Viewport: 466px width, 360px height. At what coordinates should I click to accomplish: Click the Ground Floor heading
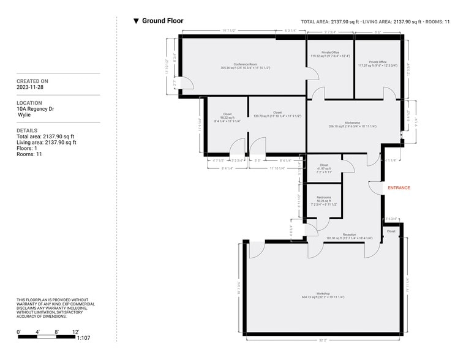(x=162, y=21)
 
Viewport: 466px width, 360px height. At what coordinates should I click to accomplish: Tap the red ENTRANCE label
(x=398, y=188)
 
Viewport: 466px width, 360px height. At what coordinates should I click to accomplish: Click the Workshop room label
(x=323, y=293)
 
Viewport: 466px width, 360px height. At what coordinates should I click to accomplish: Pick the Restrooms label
(x=324, y=197)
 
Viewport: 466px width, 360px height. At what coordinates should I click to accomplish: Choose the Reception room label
(x=350, y=234)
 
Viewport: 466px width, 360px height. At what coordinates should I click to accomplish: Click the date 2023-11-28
(x=31, y=88)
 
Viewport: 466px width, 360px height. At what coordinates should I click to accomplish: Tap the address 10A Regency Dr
(x=36, y=110)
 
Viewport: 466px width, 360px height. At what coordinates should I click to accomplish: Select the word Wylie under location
(x=26, y=115)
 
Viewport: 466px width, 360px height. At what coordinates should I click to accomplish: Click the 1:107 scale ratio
(x=84, y=338)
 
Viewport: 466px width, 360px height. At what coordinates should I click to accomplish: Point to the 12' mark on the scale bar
(x=75, y=332)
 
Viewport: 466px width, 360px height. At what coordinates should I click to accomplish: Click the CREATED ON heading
(x=32, y=81)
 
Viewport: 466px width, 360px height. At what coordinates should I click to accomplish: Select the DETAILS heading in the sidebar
(x=27, y=130)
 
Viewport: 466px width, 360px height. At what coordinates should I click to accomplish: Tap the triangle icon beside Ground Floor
(x=136, y=21)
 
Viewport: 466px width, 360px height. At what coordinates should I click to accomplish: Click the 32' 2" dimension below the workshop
(x=323, y=339)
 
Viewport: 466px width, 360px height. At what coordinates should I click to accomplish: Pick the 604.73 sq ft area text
(x=323, y=297)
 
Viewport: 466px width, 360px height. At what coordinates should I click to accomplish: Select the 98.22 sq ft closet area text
(x=227, y=118)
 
